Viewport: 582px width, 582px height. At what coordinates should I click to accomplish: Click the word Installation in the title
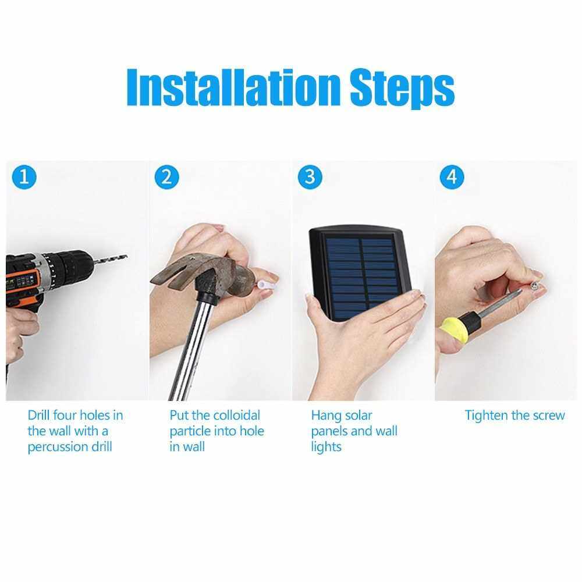(x=233, y=87)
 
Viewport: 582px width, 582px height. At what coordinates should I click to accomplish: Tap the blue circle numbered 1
(x=24, y=177)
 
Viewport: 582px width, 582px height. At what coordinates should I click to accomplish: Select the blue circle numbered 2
(x=166, y=177)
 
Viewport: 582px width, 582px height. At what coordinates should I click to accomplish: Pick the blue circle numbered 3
(x=310, y=177)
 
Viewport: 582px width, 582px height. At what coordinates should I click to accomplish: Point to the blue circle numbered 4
(x=452, y=177)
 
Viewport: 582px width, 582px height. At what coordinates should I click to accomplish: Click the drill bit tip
(x=126, y=256)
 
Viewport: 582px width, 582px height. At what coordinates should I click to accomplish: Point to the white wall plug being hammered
(x=264, y=285)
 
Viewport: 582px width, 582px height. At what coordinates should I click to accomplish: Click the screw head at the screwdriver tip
(x=534, y=285)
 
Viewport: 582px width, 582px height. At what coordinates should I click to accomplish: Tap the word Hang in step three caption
(x=325, y=416)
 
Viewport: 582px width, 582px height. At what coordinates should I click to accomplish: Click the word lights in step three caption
(x=327, y=447)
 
